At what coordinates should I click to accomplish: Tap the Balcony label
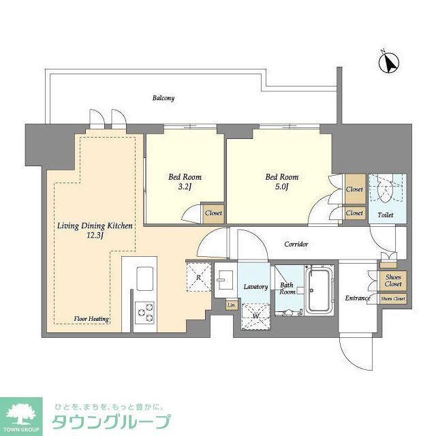click(163, 98)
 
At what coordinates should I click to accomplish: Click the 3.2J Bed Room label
click(185, 183)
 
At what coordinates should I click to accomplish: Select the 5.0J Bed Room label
click(282, 183)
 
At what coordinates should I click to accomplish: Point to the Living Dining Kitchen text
click(95, 230)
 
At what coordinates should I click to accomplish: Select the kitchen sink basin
click(145, 278)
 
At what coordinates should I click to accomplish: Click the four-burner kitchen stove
click(145, 312)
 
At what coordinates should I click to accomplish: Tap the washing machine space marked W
click(255, 315)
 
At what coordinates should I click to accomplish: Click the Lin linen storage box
click(232, 305)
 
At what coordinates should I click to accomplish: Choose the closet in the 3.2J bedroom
click(213, 213)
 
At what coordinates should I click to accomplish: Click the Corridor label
click(296, 244)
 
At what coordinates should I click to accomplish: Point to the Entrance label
click(357, 298)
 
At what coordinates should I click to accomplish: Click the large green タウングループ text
click(110, 421)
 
